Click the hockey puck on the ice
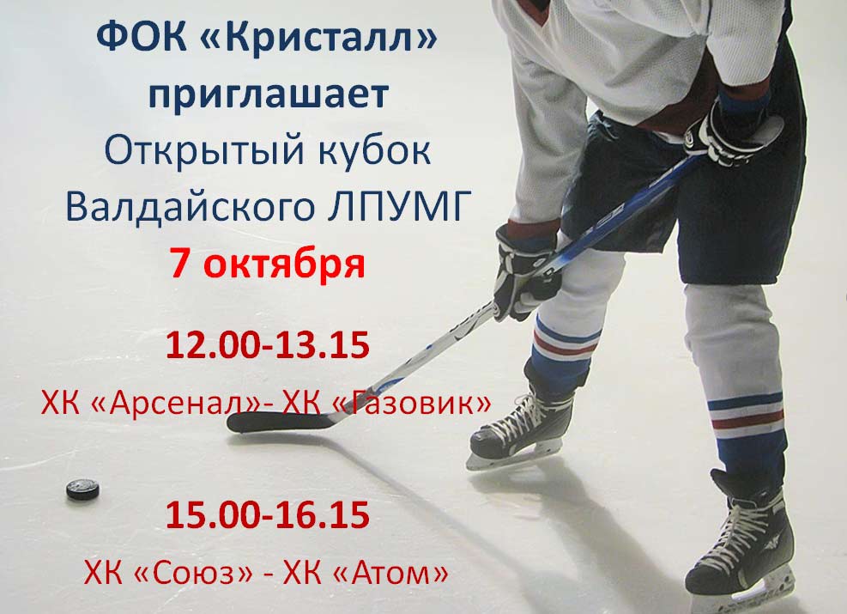(82, 489)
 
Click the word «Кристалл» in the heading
(322, 37)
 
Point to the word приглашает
(269, 94)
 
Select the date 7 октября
(268, 264)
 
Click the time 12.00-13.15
(268, 345)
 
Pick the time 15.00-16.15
(268, 514)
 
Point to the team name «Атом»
(391, 572)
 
